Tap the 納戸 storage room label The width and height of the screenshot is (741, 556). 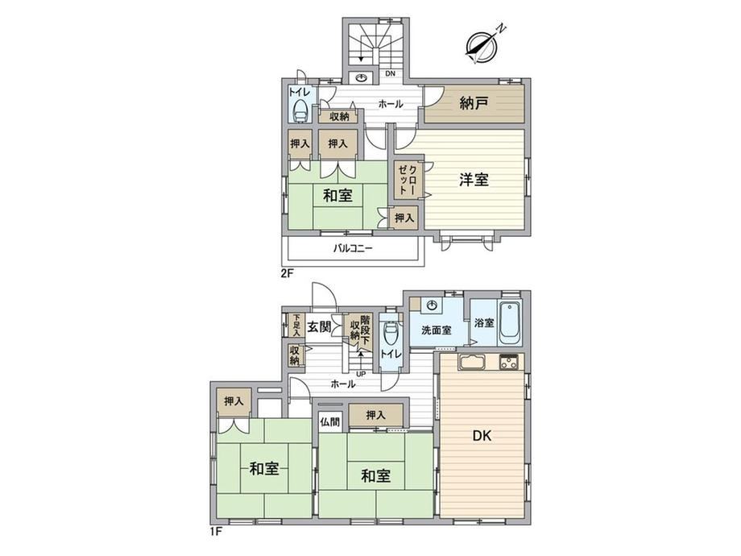pos(474,103)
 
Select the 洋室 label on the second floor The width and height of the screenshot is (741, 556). pos(474,180)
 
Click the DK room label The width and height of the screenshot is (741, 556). pos(482,435)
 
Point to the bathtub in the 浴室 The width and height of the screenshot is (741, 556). pos(510,324)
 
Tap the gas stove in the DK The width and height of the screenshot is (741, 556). pos(509,362)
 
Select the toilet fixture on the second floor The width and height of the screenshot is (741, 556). pos(300,112)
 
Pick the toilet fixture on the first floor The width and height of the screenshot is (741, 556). pos(391,334)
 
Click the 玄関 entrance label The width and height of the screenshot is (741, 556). pos(319,326)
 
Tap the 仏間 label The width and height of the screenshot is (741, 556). pos(330,421)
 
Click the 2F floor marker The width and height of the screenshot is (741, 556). pos(288,273)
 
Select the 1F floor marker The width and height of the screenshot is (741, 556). pos(216,531)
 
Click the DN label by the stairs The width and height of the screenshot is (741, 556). pos(390,74)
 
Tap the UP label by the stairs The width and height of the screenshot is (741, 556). pos(361,373)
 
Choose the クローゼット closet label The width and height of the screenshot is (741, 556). pos(407,180)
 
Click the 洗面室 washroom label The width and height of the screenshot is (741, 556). pos(437,330)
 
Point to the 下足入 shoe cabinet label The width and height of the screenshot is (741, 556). pos(296,325)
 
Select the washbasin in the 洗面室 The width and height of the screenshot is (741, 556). pos(432,306)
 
